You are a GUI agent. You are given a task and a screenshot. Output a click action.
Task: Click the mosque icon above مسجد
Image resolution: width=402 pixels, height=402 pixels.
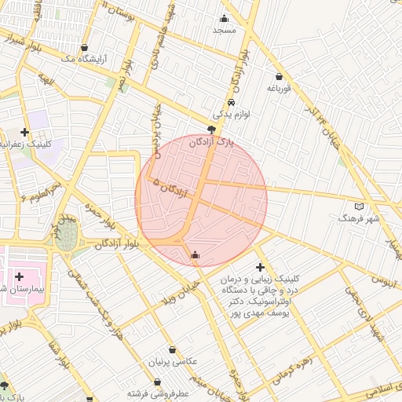pyautogui.click(x=225, y=19)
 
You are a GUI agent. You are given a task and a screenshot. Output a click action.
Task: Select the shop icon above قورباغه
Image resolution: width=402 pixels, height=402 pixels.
pyautogui.click(x=280, y=77)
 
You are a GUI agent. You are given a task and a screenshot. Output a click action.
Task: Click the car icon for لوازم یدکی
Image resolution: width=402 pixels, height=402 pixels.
pyautogui.click(x=231, y=103)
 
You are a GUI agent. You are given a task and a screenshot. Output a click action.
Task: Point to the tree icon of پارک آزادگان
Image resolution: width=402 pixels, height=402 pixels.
pyautogui.click(x=212, y=130)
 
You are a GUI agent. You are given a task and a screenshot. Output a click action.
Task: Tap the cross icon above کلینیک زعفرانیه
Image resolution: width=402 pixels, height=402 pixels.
pyautogui.click(x=25, y=132)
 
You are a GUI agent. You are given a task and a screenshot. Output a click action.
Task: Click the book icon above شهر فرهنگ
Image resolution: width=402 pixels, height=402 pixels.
pyautogui.click(x=360, y=206)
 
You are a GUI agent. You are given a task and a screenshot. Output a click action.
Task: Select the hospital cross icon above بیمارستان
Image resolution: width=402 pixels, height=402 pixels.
pyautogui.click(x=19, y=276)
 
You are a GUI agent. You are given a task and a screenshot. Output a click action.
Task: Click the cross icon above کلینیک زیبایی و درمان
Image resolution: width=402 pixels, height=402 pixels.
pyautogui.click(x=261, y=268)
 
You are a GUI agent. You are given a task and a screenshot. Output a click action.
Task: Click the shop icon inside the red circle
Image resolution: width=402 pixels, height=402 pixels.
pyautogui.click(x=195, y=254)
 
